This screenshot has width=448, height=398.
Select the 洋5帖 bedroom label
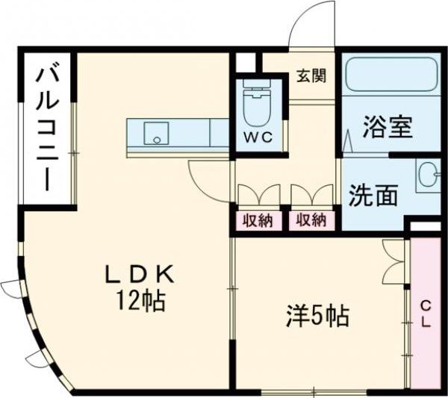click(x=317, y=317)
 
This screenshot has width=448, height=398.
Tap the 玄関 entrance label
click(x=310, y=75)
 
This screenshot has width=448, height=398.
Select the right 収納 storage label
click(x=311, y=220)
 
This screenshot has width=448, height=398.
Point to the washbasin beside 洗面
click(x=429, y=176)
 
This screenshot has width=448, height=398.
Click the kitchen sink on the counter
click(x=157, y=134)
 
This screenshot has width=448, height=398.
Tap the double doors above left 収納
click(x=258, y=194)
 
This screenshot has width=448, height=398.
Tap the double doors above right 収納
click(x=311, y=194)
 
